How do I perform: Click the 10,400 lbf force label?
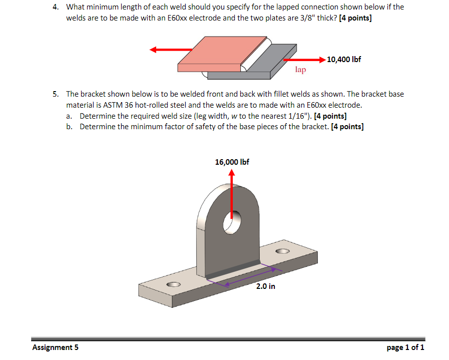point(344,59)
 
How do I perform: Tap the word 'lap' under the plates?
point(300,70)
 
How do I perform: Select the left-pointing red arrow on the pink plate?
point(170,50)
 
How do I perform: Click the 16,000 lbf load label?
point(232,162)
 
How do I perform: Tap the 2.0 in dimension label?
point(265,286)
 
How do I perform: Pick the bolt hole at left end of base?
point(174,284)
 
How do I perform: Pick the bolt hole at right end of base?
point(282,251)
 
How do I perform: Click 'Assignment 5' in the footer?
point(55,347)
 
